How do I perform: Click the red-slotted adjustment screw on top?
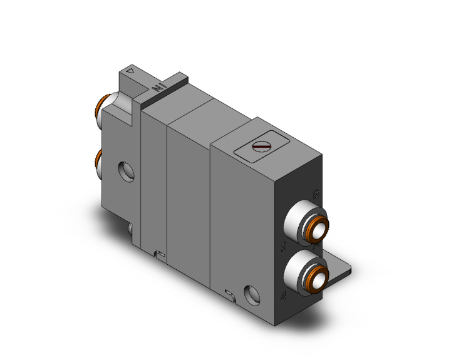261,147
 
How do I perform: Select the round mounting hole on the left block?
128,169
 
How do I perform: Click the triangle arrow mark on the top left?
130,71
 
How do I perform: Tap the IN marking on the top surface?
158,88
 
